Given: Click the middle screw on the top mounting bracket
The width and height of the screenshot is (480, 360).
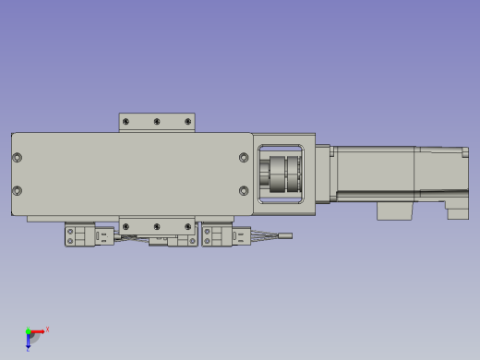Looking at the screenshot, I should (157, 122).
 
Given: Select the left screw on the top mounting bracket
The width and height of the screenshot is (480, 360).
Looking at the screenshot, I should (126, 122).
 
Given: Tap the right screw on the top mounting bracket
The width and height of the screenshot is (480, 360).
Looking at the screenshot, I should (188, 122).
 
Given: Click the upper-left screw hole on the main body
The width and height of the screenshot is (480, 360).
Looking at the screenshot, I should (18, 158).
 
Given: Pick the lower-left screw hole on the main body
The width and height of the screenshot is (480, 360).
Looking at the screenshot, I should (18, 191).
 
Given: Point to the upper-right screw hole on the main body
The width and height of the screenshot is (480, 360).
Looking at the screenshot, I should (244, 158).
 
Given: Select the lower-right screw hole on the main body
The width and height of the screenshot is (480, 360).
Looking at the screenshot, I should (244, 191).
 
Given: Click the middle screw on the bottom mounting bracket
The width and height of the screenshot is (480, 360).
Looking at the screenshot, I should (157, 226).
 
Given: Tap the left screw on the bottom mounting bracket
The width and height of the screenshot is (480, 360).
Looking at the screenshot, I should (126, 226).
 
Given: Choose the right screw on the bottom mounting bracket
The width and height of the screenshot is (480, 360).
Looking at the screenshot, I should (188, 226).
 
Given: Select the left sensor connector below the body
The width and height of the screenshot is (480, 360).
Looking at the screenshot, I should (82, 236).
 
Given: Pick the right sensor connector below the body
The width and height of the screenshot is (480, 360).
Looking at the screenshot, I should (221, 236).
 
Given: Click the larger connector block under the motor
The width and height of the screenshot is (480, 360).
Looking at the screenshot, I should (393, 210).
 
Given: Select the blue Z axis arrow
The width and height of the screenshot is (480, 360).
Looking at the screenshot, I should (30, 339).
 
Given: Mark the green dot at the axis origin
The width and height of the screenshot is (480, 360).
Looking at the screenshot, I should (28, 331).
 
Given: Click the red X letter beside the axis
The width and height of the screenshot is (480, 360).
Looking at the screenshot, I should (47, 329).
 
